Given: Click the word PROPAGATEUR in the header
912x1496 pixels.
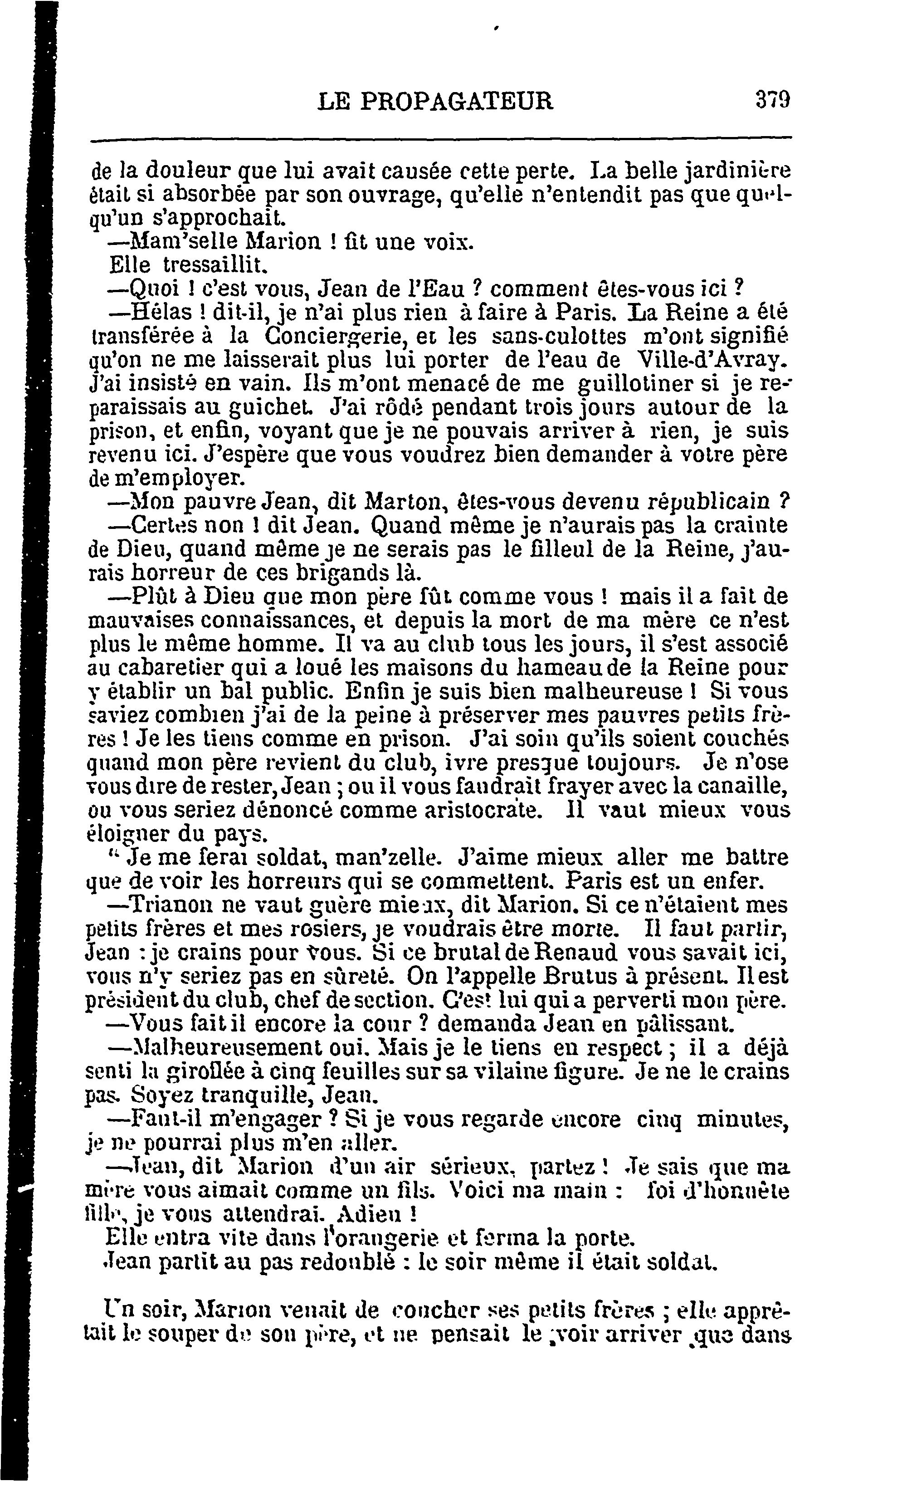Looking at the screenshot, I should click(457, 101).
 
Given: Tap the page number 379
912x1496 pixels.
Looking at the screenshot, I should click(772, 99).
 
